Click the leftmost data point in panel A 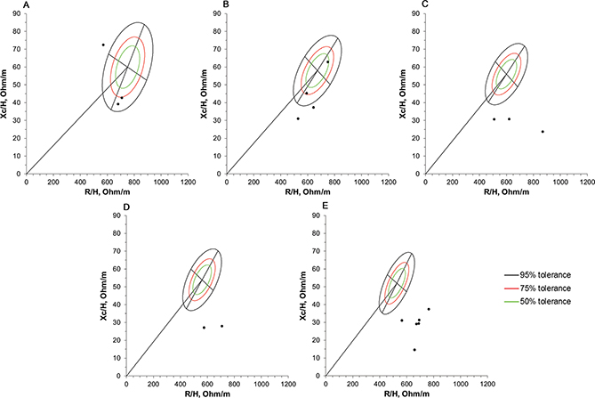[102, 45]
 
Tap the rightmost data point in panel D [221, 326]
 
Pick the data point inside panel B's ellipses [327, 61]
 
